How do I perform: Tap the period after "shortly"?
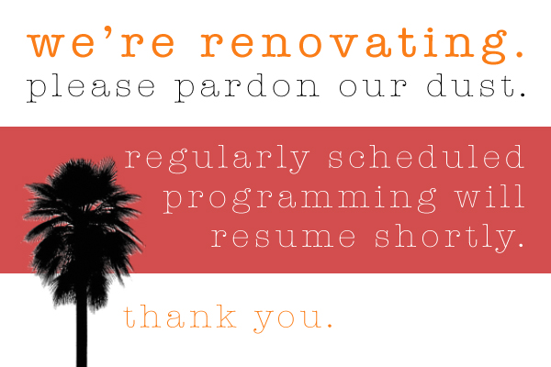coord(520,246)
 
